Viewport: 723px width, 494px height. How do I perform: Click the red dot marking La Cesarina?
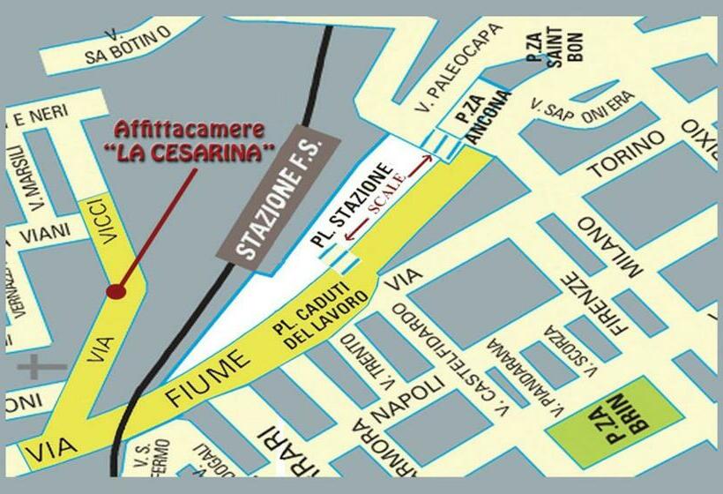point(116,290)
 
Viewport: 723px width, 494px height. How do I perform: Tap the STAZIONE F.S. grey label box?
point(275,198)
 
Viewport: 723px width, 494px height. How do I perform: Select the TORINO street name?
point(626,155)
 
